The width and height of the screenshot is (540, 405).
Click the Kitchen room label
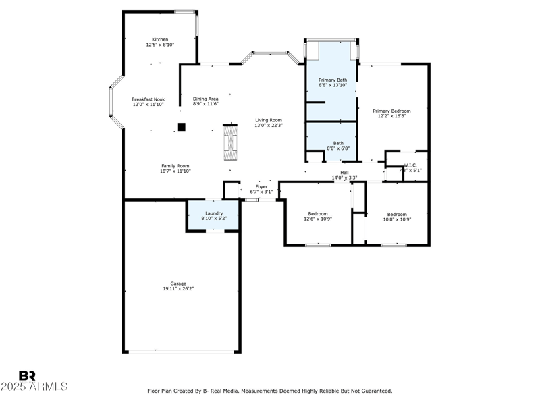160,40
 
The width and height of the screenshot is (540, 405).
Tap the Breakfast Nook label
148,99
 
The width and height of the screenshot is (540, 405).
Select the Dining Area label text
205,99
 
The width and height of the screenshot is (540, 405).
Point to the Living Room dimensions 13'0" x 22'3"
268,126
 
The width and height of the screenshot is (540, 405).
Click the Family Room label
175,166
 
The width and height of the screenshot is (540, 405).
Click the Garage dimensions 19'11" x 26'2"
178,289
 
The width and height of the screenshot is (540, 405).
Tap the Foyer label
261,186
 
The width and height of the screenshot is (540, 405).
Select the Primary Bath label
333,80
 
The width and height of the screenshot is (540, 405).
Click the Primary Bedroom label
391,111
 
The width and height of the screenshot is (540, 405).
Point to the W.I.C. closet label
411,165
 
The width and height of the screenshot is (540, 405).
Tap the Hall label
344,173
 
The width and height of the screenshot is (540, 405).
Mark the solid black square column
181,126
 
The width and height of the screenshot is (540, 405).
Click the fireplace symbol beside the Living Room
230,142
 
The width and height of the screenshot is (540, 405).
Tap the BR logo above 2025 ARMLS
27,375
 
